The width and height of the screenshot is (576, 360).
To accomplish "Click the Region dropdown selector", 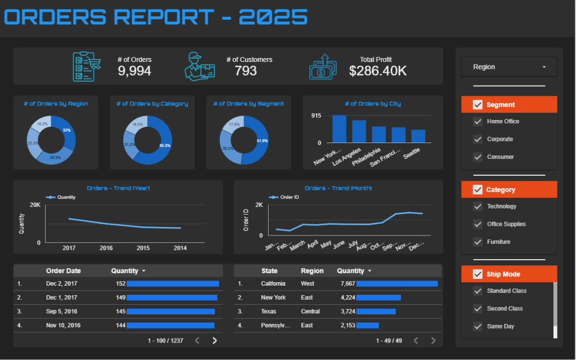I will [x=509, y=67].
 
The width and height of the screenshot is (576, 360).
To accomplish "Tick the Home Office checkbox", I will [x=477, y=122].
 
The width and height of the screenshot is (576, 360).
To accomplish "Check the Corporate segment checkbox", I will [x=477, y=139].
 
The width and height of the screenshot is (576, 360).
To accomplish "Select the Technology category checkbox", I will [x=477, y=207].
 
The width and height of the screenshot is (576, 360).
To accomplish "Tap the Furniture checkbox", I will [x=477, y=242].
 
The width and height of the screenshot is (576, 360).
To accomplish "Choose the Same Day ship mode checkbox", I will [x=477, y=327].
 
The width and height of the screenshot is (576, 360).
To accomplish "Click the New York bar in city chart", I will [x=339, y=128].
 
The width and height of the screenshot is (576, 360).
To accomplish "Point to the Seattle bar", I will [x=418, y=136].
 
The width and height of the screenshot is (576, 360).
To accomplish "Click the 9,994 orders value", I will [x=134, y=71].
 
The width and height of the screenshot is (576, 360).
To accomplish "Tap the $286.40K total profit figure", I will [x=377, y=71].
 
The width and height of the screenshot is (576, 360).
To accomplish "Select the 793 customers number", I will [x=246, y=71].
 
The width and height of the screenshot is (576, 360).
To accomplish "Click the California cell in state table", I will [x=273, y=284].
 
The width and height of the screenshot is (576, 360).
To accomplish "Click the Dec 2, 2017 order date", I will [x=62, y=284].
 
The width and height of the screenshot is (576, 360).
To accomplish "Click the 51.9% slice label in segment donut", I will [x=262, y=140].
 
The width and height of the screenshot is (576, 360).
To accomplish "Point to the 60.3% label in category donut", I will [x=165, y=145].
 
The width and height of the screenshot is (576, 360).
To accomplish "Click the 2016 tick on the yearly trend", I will [x=106, y=248].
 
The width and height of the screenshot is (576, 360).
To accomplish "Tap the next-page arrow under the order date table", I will [x=215, y=340].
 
